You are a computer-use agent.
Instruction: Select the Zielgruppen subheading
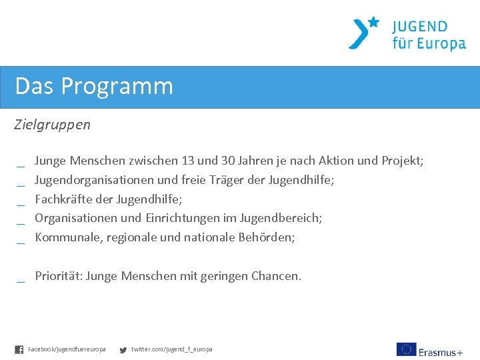(x=53, y=125)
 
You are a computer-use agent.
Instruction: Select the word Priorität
(x=59, y=276)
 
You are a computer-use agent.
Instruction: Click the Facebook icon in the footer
(x=19, y=349)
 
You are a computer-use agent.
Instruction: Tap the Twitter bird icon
(x=123, y=349)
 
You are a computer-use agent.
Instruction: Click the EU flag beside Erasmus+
(x=406, y=349)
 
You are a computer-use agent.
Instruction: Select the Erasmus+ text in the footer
(x=441, y=351)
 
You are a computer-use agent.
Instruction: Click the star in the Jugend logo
(x=373, y=22)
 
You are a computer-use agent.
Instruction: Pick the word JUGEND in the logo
(x=419, y=27)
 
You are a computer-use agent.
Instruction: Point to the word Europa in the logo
(x=441, y=44)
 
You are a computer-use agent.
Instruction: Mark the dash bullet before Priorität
(x=21, y=281)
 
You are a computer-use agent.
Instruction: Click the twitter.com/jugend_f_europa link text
(x=171, y=349)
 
